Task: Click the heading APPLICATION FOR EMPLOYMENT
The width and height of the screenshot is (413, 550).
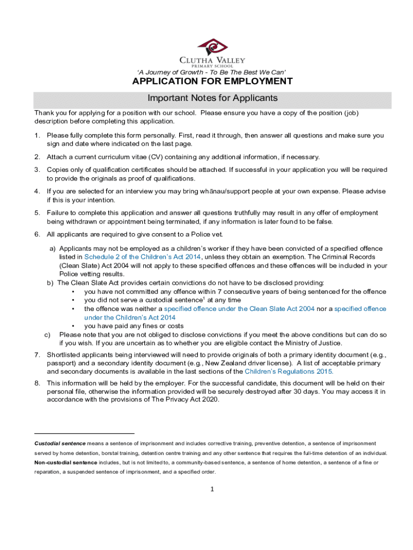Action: [x=212, y=82]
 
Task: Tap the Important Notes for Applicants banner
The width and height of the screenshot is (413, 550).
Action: [x=212, y=98]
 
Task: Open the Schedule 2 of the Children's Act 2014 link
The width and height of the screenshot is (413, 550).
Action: [x=143, y=257]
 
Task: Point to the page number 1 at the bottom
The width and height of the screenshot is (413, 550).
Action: [x=212, y=489]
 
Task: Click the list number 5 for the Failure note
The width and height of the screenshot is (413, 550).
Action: [x=37, y=213]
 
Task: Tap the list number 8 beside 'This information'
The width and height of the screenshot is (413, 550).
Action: [x=37, y=383]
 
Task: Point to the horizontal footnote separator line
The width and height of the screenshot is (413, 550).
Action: [x=84, y=433]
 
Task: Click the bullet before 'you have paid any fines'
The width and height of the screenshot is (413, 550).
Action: [x=72, y=326]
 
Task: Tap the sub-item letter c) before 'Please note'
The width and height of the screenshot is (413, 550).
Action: [x=47, y=335]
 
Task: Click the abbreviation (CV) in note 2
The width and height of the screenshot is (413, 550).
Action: [x=142, y=157]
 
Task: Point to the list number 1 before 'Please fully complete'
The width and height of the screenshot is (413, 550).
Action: [x=37, y=135]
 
